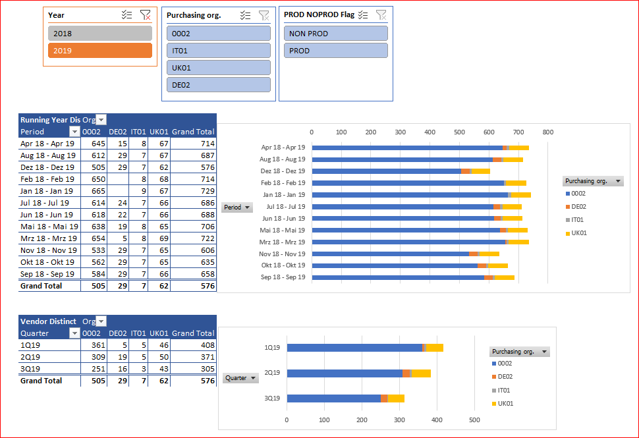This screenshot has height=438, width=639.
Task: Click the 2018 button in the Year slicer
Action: click(x=100, y=34)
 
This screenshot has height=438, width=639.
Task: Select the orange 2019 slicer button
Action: click(x=100, y=51)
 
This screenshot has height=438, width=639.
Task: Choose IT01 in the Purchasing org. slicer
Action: click(x=219, y=51)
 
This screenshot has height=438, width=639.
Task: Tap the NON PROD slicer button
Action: click(x=336, y=34)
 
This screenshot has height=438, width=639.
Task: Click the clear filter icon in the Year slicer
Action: click(x=146, y=15)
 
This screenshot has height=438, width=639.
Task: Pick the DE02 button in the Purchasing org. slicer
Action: click(x=219, y=85)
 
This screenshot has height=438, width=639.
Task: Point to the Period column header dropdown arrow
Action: click(x=74, y=132)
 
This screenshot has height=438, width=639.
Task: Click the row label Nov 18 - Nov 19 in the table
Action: click(x=48, y=250)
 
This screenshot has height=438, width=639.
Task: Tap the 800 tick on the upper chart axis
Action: click(x=547, y=132)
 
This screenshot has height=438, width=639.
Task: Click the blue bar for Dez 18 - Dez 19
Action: click(x=386, y=171)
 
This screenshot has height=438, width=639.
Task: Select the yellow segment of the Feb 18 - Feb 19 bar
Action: click(x=516, y=183)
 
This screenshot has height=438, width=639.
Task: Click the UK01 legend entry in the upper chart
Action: click(x=578, y=233)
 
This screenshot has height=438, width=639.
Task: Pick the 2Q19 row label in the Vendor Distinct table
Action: click(x=31, y=357)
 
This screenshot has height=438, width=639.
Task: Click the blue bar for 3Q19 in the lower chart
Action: click(x=333, y=398)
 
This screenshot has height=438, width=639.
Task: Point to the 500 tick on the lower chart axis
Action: click(x=474, y=420)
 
